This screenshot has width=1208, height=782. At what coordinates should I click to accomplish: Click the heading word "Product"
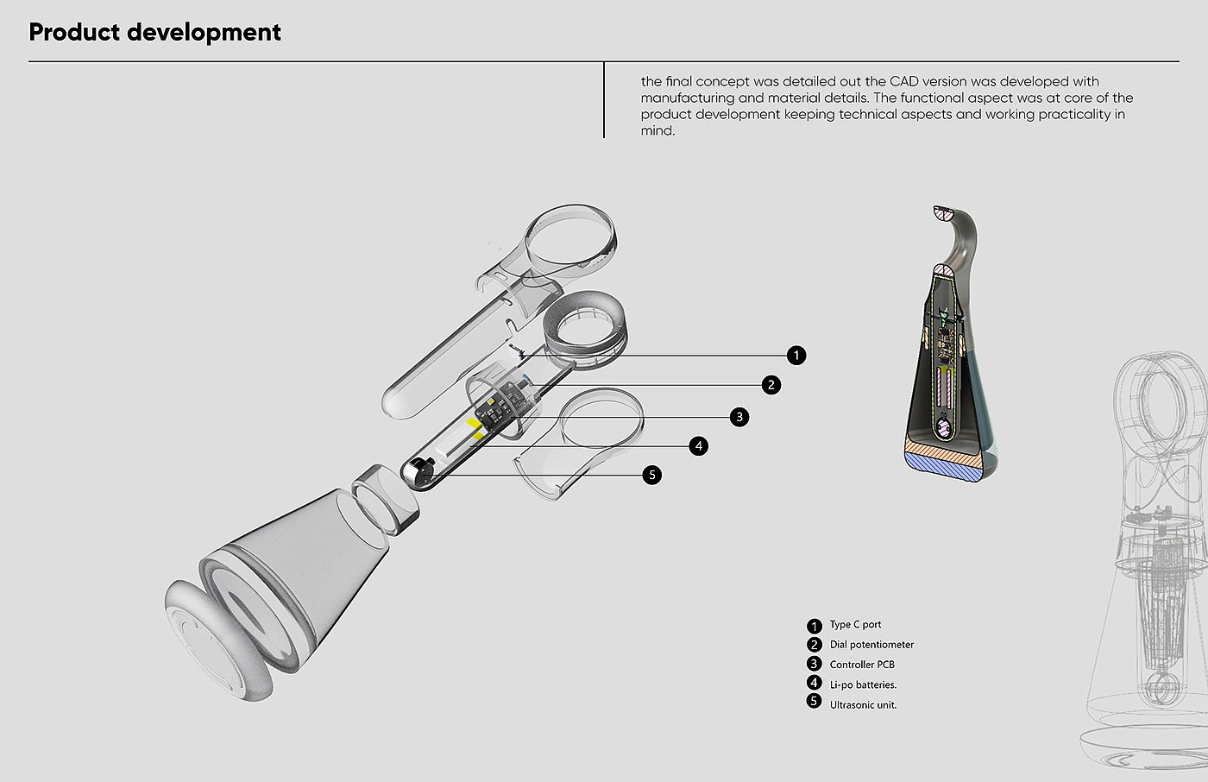73,32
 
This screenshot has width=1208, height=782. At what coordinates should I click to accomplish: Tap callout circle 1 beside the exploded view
796,355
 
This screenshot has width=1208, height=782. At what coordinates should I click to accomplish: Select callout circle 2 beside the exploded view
771,385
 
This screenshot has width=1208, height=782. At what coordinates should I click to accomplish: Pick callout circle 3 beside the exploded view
739,417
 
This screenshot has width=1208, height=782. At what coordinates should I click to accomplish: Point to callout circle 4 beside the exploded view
699,446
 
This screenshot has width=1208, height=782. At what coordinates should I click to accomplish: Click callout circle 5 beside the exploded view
652,475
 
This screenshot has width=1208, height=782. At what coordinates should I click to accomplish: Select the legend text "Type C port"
855,625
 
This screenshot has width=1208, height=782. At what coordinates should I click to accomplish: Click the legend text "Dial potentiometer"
871,645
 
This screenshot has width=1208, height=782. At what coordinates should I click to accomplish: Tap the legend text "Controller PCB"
862,665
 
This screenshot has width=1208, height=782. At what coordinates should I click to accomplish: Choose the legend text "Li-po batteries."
863,684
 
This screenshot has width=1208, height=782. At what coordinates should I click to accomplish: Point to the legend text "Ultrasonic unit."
863,705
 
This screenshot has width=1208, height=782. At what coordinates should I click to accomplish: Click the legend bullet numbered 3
814,664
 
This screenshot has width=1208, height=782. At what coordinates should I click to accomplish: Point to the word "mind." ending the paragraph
657,131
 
